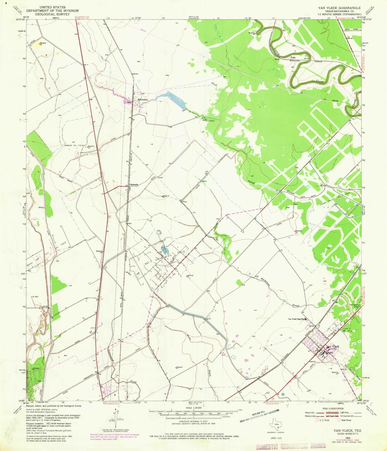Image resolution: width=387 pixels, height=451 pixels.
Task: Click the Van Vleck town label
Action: pos(332,346)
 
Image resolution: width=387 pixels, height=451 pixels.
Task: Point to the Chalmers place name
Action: pos(134,185)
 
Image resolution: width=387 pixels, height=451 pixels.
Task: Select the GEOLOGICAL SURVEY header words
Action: pos(52,14)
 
